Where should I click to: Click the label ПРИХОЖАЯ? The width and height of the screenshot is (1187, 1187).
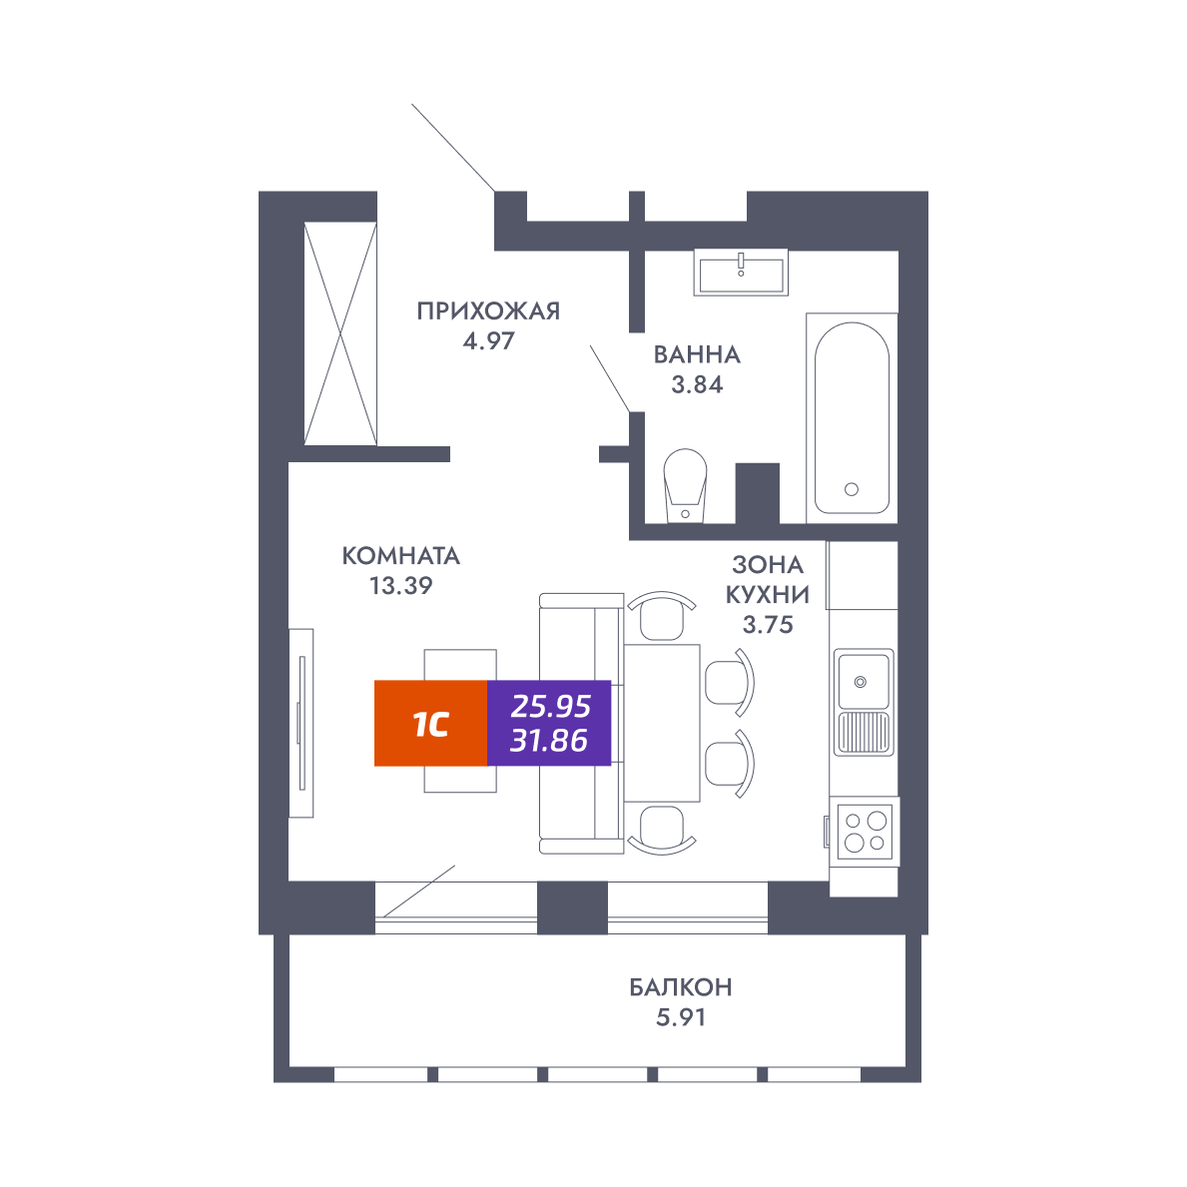(x=488, y=311)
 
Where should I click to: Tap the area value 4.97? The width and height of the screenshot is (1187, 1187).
(x=489, y=341)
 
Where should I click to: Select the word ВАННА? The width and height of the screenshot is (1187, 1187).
(x=697, y=354)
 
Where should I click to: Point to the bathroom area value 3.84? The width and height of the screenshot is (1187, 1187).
(x=697, y=384)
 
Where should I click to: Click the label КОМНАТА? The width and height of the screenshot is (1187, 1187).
(x=401, y=556)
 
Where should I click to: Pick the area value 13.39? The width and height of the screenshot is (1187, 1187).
(x=401, y=586)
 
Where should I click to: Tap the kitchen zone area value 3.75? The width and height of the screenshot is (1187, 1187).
(x=768, y=625)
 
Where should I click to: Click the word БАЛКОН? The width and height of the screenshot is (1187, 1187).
(x=681, y=987)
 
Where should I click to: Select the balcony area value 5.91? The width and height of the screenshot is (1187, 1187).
(x=681, y=1017)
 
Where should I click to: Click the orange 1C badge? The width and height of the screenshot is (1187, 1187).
(x=430, y=724)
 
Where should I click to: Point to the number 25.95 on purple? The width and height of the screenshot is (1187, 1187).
(x=550, y=706)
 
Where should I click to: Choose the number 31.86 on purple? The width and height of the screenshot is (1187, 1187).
(x=549, y=741)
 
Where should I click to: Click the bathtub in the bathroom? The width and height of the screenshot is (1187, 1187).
(x=852, y=418)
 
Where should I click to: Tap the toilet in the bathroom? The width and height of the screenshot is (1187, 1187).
(x=685, y=485)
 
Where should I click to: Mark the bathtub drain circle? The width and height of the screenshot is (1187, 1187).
(x=852, y=490)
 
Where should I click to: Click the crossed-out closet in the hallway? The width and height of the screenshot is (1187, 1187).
(x=340, y=333)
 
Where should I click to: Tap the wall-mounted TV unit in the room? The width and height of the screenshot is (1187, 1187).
(x=301, y=723)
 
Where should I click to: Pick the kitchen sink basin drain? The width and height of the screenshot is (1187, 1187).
(x=860, y=682)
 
